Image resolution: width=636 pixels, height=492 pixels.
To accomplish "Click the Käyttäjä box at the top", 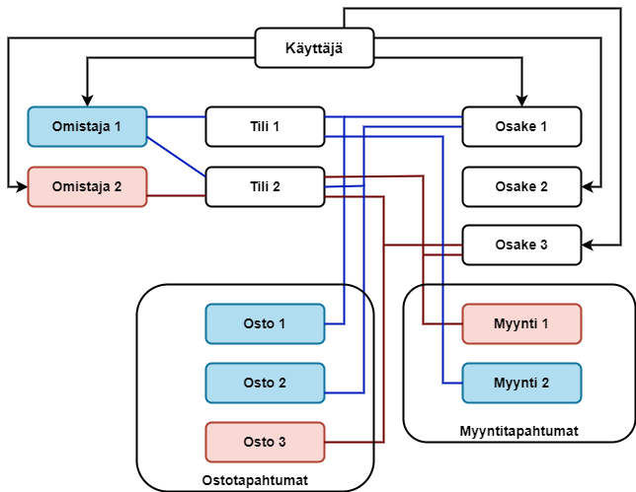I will tap(314, 48).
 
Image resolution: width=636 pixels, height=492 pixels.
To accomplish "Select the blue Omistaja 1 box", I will tap(87, 126).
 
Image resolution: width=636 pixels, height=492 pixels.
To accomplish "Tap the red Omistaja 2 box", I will tap(87, 186).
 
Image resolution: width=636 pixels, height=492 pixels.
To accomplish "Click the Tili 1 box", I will tap(265, 126).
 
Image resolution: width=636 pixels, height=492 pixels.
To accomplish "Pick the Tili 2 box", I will tap(265, 186).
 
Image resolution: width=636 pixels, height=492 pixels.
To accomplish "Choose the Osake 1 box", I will tap(521, 126).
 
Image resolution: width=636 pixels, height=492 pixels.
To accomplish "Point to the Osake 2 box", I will tap(521, 186).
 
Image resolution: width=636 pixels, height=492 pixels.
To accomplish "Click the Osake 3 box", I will tap(521, 246).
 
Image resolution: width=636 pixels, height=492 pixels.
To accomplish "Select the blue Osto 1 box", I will tap(265, 323).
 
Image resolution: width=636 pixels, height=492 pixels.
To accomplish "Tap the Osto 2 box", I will tap(265, 383).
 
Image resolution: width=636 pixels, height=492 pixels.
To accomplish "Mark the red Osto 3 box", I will tap(265, 442).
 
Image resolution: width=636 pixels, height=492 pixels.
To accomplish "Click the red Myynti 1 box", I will tap(521, 323).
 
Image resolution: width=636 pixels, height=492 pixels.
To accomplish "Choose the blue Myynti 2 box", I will tap(521, 383).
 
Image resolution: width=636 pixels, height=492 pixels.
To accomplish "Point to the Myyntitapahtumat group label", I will tap(519, 431).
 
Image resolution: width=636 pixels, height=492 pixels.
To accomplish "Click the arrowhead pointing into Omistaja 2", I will tap(22, 186).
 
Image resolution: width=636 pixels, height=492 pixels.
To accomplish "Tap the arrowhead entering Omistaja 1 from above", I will tap(87, 101).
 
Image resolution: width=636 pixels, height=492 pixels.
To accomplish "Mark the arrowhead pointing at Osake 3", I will tap(588, 246).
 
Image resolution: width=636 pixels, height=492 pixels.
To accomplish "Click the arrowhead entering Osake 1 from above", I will tap(521, 101).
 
